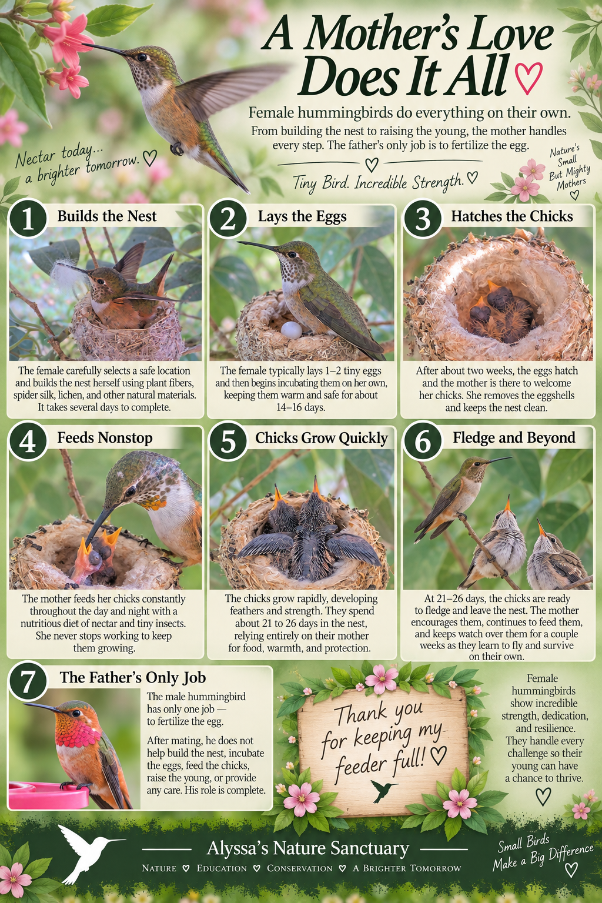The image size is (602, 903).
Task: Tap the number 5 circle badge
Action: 228,441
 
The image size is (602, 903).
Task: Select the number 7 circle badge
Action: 28,681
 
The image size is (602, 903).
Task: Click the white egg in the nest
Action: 291,330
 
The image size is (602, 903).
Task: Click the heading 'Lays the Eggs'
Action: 302,216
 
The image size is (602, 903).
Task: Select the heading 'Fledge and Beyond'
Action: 514,437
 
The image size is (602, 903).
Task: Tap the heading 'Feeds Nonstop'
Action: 105,438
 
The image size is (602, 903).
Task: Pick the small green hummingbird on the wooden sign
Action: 383,790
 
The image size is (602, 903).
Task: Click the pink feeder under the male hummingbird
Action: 48,795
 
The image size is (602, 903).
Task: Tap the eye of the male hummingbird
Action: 76,713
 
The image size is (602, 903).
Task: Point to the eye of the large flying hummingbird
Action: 142,57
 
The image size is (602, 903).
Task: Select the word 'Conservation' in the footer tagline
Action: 300,868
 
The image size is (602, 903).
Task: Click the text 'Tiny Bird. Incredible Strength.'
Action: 377,182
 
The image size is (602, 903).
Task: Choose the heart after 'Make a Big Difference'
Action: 571,869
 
